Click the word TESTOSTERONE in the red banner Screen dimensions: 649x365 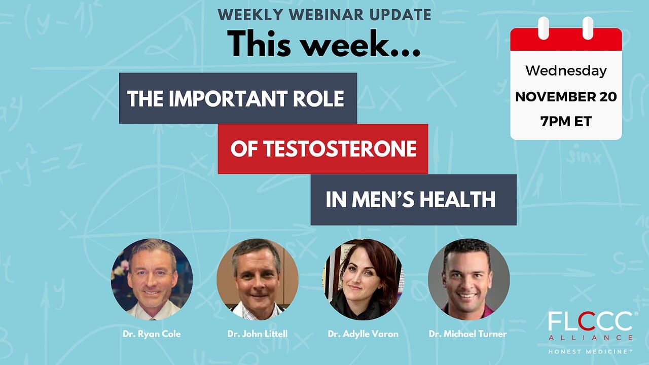pyautogui.click(x=340, y=149)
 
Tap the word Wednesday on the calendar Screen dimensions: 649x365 pyautogui.click(x=566, y=70)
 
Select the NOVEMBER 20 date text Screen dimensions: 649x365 pyautogui.click(x=566, y=97)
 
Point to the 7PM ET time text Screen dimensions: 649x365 pyautogui.click(x=566, y=121)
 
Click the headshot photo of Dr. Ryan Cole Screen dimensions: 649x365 pyautogui.click(x=152, y=279)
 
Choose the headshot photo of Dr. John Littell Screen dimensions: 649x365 pyautogui.click(x=257, y=279)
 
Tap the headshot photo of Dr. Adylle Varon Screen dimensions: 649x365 pyautogui.click(x=363, y=279)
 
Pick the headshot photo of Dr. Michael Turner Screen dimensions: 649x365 pyautogui.click(x=468, y=279)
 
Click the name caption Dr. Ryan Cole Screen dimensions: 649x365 pyautogui.click(x=152, y=334)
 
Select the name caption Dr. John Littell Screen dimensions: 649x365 pyautogui.click(x=257, y=334)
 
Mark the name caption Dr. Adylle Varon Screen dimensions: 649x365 pyautogui.click(x=363, y=334)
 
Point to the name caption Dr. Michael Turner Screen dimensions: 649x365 pyautogui.click(x=468, y=334)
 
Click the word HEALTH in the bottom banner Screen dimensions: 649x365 pyautogui.click(x=457, y=200)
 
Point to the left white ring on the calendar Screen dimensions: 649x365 pyautogui.click(x=544, y=28)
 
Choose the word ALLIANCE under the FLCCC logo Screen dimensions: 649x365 pyautogui.click(x=591, y=338)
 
